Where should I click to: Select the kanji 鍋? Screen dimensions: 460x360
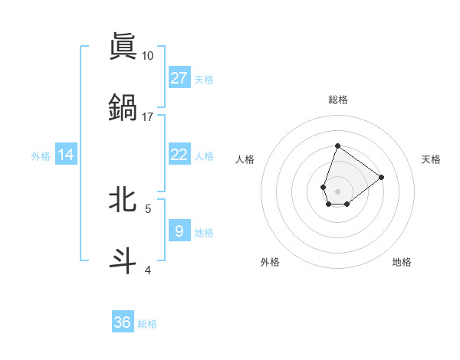123,106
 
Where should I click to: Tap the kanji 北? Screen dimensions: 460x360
123,199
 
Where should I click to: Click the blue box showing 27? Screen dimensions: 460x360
179,78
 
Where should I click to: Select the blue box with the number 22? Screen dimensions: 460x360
179,155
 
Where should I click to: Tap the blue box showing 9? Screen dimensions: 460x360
179,231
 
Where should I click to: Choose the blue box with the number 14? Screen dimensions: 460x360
66,155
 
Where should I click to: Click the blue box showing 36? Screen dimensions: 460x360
123,322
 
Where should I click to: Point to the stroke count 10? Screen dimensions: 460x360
148,56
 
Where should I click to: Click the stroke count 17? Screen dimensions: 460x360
148,117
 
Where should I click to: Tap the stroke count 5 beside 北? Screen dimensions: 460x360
148,208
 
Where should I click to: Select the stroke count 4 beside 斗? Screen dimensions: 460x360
148,270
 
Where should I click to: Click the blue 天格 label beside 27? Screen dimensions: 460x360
204,80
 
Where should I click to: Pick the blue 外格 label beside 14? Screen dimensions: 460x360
41,156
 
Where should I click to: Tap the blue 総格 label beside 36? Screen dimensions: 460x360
147,324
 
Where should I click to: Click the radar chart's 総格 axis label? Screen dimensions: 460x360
337,100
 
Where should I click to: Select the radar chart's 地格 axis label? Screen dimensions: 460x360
402,262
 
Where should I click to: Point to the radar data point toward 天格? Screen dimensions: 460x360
382,177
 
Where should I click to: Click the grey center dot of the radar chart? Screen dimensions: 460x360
337,190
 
